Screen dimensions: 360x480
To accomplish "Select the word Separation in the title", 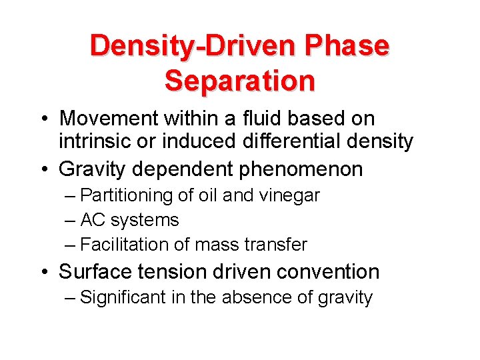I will click(x=239, y=80).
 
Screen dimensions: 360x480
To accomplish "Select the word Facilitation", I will click(x=124, y=245).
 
